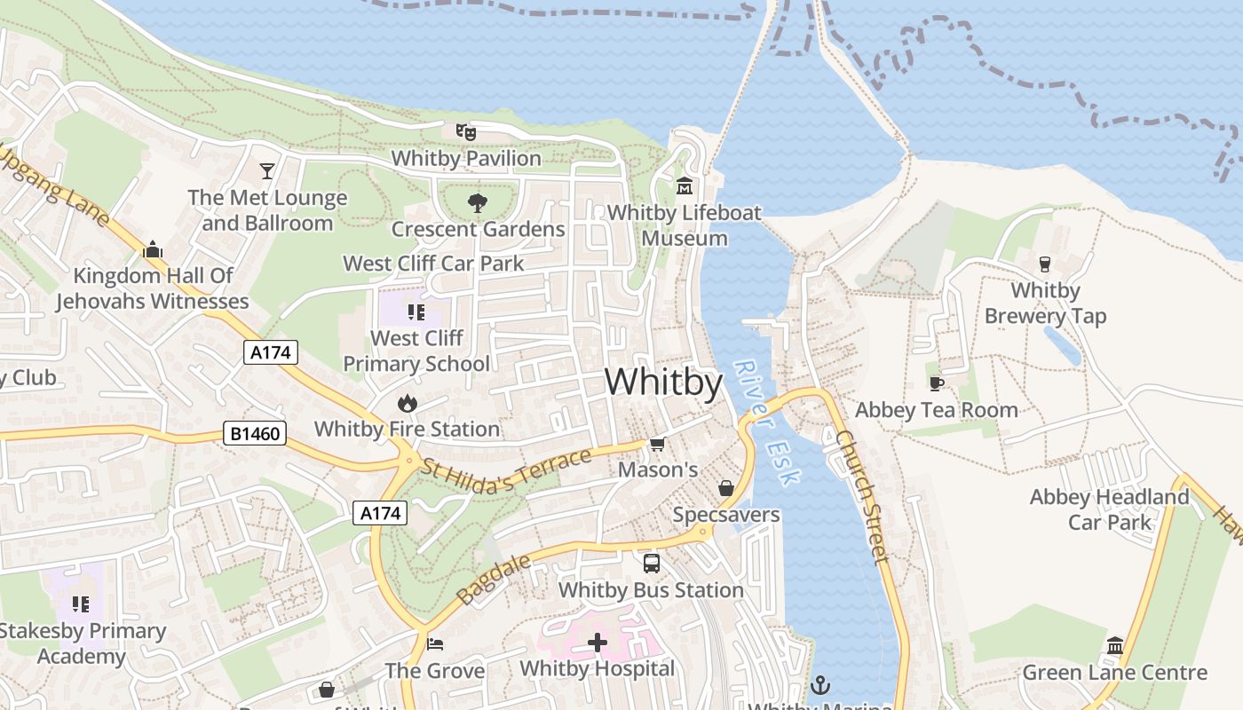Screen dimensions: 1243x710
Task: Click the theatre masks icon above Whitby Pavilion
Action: click(x=466, y=132)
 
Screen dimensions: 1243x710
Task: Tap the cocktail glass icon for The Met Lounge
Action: click(x=267, y=170)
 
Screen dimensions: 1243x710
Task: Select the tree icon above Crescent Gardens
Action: click(x=478, y=203)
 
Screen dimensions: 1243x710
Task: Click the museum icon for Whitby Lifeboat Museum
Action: click(x=685, y=186)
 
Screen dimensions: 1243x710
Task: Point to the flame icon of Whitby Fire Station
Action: click(x=408, y=404)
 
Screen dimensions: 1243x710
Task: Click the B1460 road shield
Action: click(x=254, y=434)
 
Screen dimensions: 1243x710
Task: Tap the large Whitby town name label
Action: click(x=663, y=382)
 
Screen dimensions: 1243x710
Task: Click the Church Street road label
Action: click(x=862, y=497)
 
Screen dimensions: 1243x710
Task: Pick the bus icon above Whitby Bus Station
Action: click(x=651, y=564)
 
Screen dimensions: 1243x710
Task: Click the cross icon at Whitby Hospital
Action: click(x=598, y=643)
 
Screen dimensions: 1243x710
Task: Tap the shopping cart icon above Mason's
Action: click(x=657, y=444)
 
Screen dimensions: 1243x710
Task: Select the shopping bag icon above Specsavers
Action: click(x=725, y=489)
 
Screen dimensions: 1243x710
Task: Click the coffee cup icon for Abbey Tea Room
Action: click(x=936, y=383)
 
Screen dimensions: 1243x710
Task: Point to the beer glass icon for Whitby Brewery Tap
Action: click(x=1045, y=264)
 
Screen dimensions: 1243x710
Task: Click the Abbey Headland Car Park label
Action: click(x=1109, y=509)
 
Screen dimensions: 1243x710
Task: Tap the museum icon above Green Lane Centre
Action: click(x=1115, y=646)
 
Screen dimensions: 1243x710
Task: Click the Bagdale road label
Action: click(x=494, y=580)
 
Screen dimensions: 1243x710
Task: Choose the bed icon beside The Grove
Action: click(x=434, y=643)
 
